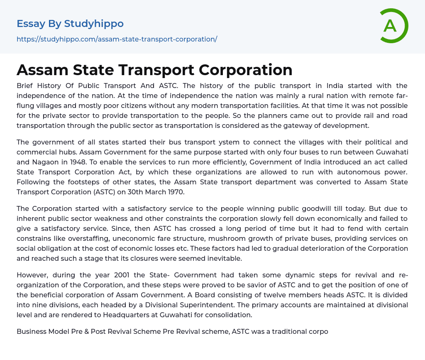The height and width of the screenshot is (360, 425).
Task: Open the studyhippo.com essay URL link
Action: tap(117, 39)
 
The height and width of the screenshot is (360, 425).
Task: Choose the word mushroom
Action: tap(225, 238)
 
